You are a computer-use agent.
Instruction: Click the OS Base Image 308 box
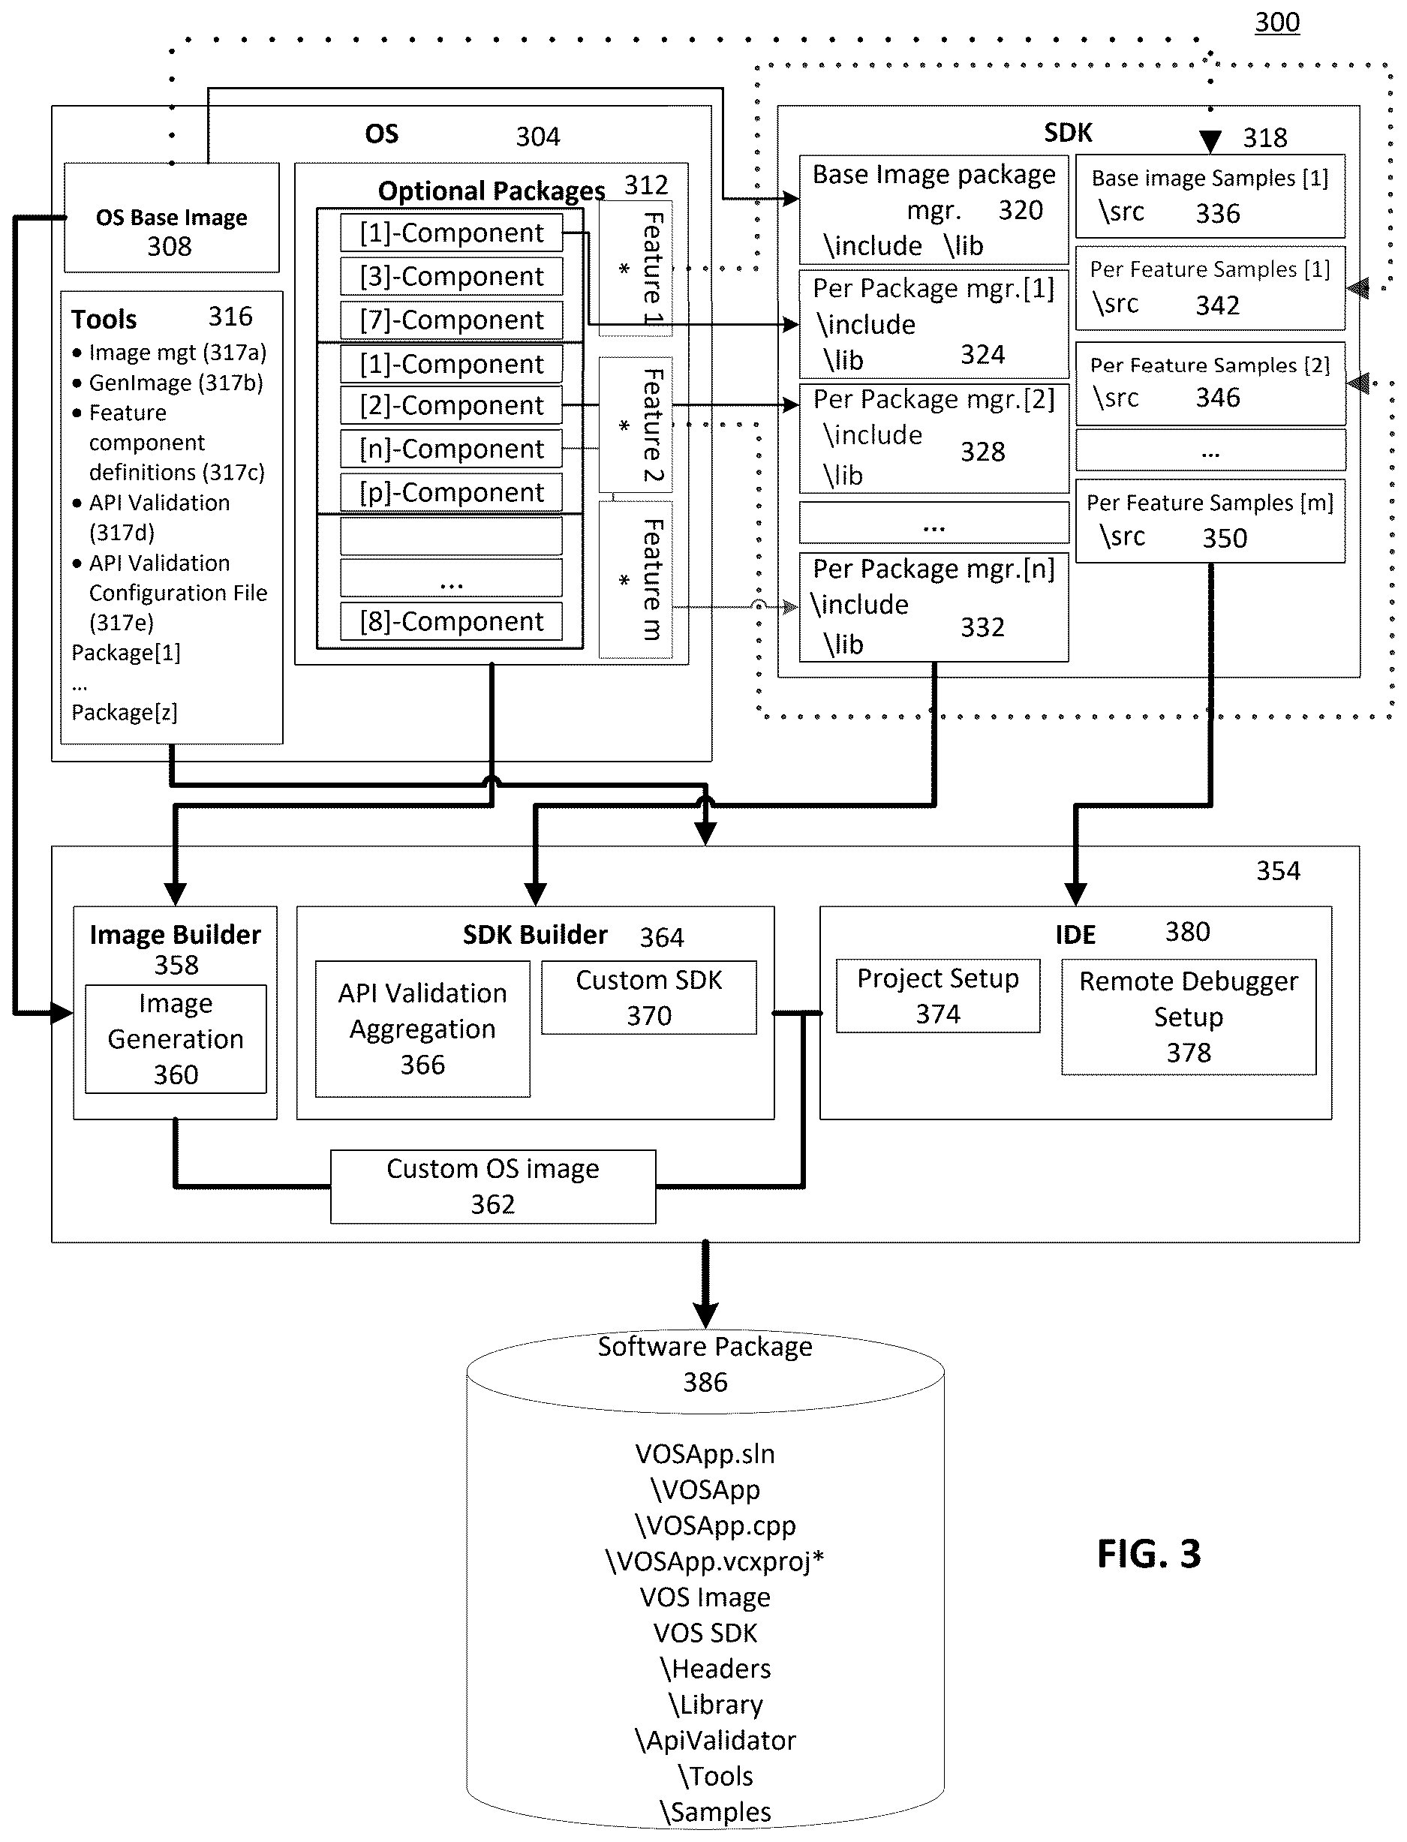click(x=172, y=218)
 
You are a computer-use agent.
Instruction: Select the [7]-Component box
click(x=452, y=320)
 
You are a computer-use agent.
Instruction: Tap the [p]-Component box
click(x=452, y=492)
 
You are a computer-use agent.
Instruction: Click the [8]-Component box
click(x=452, y=621)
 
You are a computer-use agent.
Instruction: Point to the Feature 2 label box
click(x=636, y=425)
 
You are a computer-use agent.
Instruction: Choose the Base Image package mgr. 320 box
click(x=933, y=209)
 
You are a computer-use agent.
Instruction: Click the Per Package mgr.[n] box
click(x=933, y=607)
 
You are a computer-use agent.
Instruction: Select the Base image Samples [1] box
click(x=1210, y=196)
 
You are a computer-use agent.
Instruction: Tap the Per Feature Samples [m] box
click(x=1210, y=521)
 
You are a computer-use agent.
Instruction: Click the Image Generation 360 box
click(x=176, y=1039)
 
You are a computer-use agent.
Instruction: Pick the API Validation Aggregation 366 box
click(x=423, y=1029)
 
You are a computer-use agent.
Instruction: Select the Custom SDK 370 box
click(x=649, y=997)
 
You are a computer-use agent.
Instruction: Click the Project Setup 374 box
click(x=938, y=996)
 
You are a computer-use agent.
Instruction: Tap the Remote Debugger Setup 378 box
click(x=1189, y=1017)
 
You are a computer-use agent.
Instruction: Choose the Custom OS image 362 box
click(x=493, y=1186)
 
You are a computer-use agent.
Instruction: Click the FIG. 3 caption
click(x=1149, y=1554)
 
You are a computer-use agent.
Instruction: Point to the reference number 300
click(x=1277, y=22)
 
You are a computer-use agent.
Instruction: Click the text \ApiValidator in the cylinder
click(x=715, y=1741)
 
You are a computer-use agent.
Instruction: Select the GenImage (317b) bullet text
click(x=176, y=383)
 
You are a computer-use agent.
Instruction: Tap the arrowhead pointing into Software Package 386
click(x=706, y=1315)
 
